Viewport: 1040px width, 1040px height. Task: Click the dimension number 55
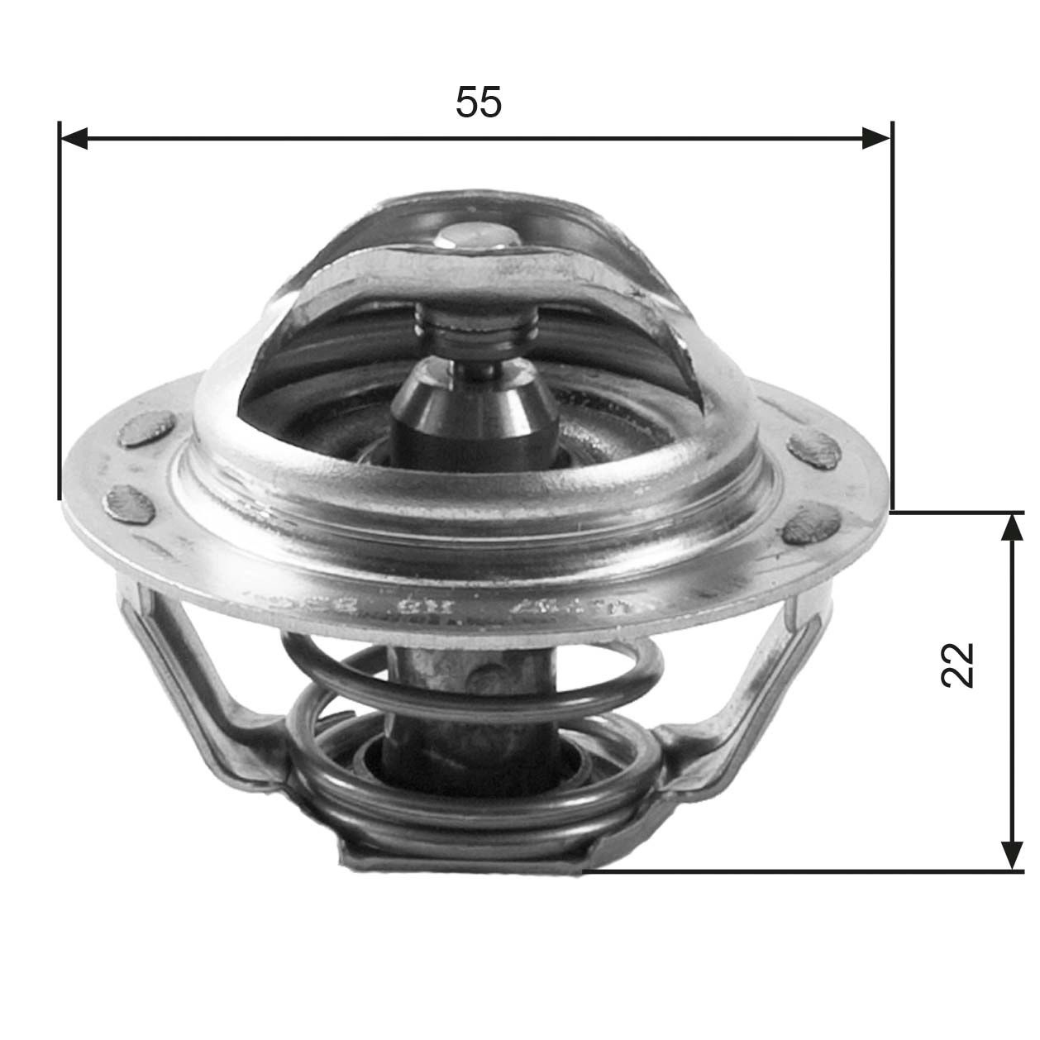tap(478, 103)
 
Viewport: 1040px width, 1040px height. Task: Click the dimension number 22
tap(957, 664)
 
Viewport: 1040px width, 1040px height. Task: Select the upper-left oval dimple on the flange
tap(146, 431)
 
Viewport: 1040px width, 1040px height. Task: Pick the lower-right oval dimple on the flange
tap(812, 525)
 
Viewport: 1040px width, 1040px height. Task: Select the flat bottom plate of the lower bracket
tap(463, 860)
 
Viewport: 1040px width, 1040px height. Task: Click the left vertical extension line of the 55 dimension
tap(60, 314)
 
